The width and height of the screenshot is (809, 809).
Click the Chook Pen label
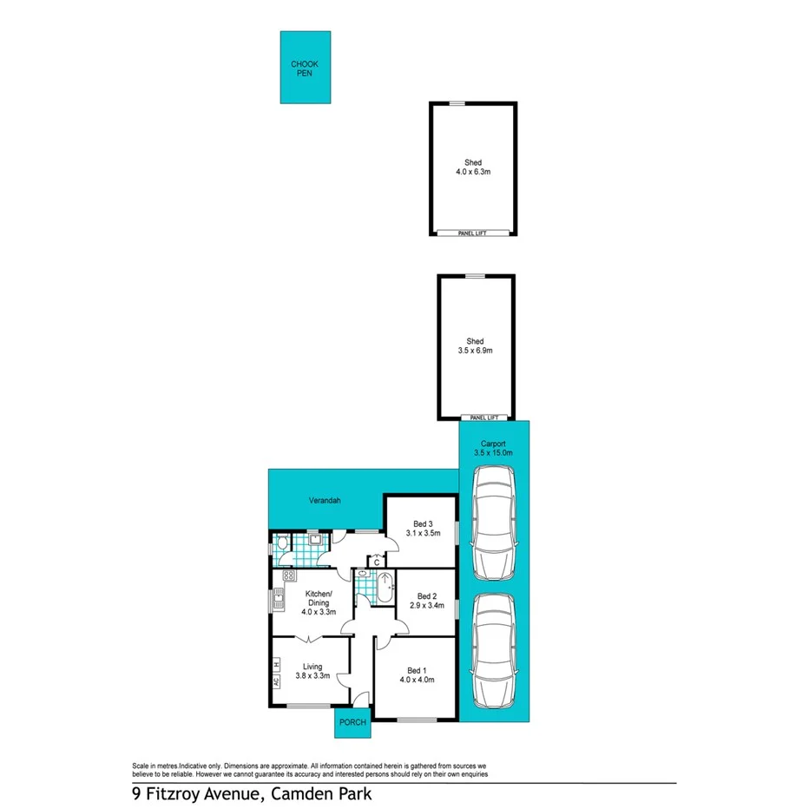[305, 69]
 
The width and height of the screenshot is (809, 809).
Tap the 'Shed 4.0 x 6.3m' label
[472, 168]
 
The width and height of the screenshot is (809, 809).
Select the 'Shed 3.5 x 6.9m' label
[476, 345]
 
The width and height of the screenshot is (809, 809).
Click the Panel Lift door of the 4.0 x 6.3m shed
[472, 233]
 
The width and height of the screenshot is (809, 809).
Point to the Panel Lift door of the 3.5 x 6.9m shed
[476, 418]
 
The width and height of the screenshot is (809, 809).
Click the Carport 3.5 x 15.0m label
[493, 448]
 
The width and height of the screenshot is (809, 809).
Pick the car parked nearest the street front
[493, 651]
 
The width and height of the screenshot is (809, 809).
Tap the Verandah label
[326, 501]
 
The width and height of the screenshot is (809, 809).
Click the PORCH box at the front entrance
[352, 722]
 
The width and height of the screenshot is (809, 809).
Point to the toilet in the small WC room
[281, 544]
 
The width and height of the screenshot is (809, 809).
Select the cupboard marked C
[376, 561]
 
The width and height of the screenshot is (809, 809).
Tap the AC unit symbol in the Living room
[276, 682]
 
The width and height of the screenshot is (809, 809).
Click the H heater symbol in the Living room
[276, 664]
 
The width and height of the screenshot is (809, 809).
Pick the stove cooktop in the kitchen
[287, 577]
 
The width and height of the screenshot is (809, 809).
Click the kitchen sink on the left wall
[280, 597]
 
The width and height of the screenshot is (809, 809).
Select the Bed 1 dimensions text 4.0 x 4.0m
[417, 680]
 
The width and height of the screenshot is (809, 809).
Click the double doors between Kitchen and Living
[309, 638]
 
